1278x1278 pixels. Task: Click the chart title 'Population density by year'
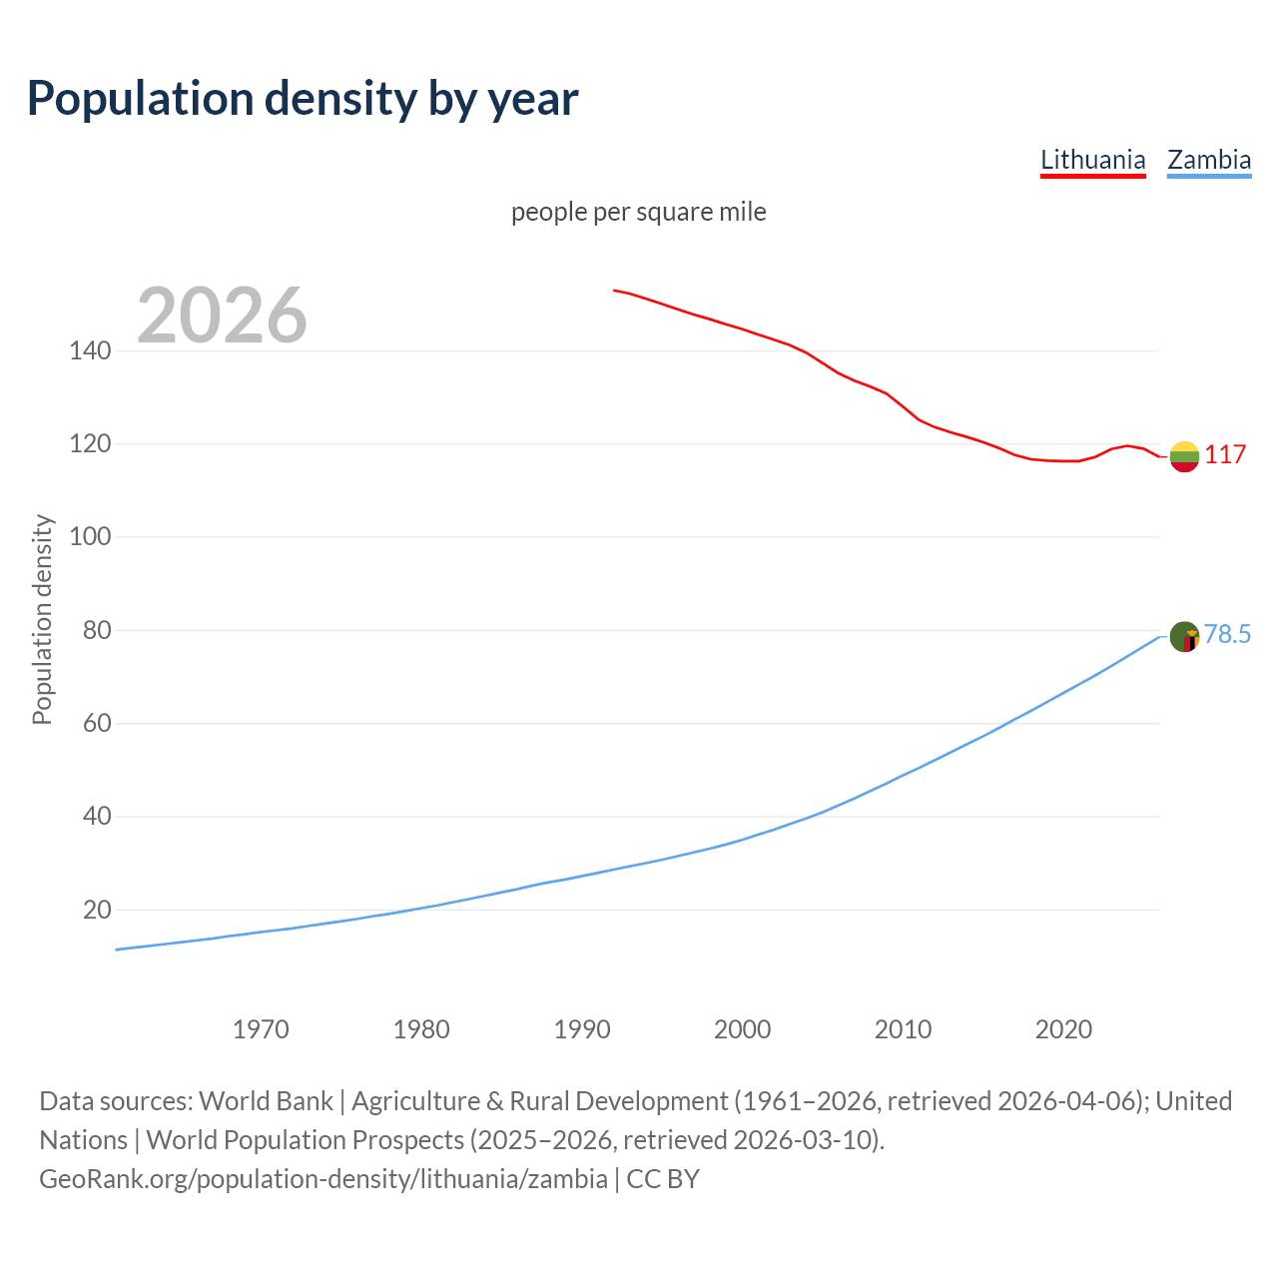coord(303,98)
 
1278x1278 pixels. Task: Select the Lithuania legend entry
coord(1092,160)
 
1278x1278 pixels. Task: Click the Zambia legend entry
coord(1208,160)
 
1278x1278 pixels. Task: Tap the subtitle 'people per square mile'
coord(638,212)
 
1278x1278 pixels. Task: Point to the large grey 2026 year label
coord(222,316)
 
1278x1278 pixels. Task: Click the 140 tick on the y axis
coord(90,350)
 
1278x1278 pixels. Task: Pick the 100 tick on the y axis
coord(90,537)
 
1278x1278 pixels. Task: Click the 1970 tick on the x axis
coord(261,1028)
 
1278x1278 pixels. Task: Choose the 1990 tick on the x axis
coord(582,1028)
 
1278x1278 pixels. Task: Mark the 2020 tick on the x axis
coord(1063,1028)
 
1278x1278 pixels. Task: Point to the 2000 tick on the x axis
coord(742,1028)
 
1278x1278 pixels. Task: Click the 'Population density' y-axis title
coord(42,619)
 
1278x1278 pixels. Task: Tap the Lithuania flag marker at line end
coord(1184,456)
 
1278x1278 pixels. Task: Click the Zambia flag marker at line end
coord(1184,636)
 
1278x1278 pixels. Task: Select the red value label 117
coord(1225,455)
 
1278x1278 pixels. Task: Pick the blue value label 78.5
coord(1227,635)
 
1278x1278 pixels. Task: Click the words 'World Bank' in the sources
coord(266,1101)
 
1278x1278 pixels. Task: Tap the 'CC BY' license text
coord(663,1179)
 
